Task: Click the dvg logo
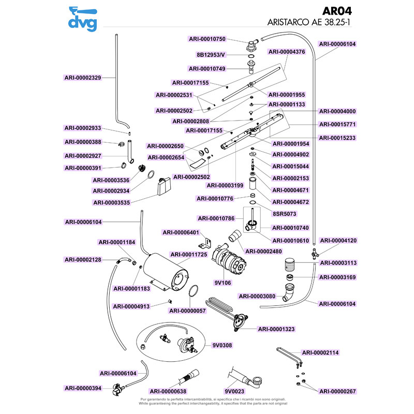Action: click(x=82, y=19)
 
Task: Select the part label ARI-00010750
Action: click(x=207, y=39)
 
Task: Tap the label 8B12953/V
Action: click(x=211, y=54)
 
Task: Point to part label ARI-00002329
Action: click(x=83, y=78)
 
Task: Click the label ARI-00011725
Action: click(x=189, y=255)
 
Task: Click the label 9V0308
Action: click(x=222, y=345)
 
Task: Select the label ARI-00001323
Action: click(x=276, y=329)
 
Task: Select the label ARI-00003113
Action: click(x=338, y=263)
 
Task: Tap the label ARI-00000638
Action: click(x=168, y=391)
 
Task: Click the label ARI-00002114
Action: click(x=320, y=352)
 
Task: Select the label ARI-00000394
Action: click(x=83, y=388)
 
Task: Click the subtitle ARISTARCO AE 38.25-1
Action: click(x=312, y=23)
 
